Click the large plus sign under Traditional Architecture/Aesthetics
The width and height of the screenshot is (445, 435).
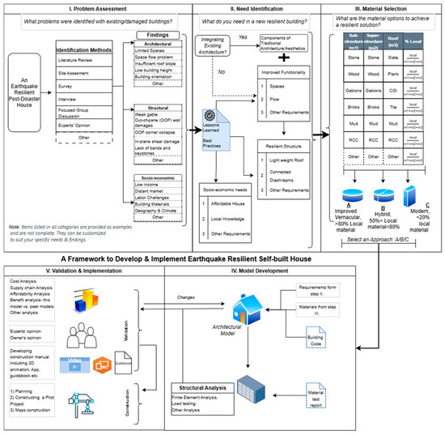click(x=284, y=58)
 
